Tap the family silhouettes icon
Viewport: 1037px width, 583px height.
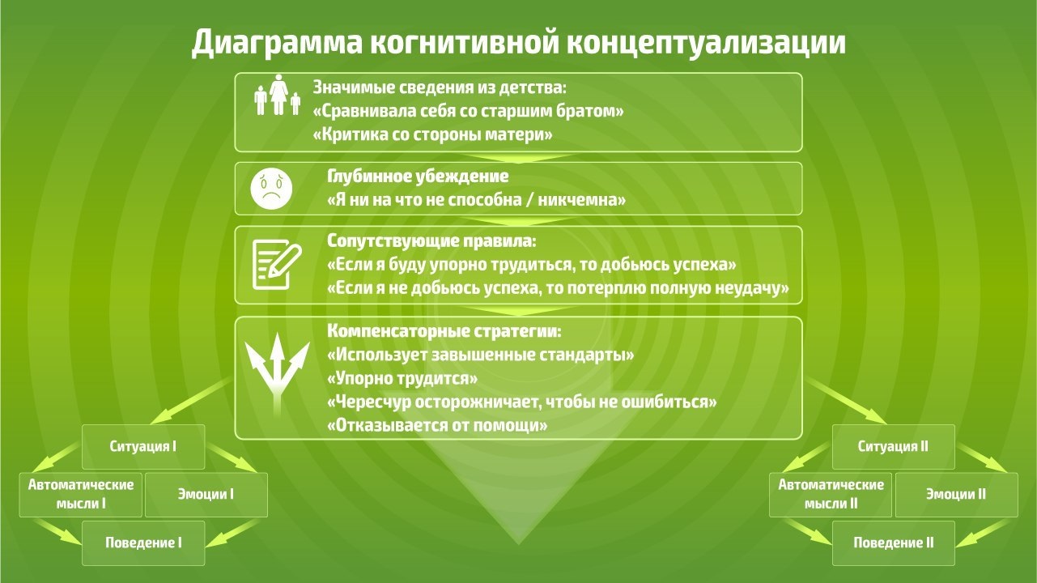click(278, 95)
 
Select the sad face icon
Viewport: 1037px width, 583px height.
click(271, 189)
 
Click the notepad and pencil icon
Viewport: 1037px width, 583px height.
click(277, 265)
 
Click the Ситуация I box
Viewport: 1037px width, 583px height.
click(143, 446)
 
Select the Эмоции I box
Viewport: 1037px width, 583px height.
click(206, 495)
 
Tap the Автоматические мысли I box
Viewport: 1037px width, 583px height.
click(81, 495)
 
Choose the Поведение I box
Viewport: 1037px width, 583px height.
click(143, 543)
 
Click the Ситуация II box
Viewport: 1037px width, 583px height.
click(893, 446)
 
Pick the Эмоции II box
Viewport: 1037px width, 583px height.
click(956, 495)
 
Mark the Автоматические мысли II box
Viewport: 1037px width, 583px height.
click(831, 495)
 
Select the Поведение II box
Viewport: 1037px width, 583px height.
click(893, 543)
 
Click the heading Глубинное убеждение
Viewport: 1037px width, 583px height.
click(418, 177)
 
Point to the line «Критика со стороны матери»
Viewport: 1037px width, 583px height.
click(433, 134)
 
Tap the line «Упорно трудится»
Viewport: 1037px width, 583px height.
click(402, 378)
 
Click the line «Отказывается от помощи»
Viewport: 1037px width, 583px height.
click(437, 425)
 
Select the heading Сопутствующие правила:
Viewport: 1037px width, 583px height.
click(431, 240)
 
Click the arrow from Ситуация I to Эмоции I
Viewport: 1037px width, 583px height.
click(231, 458)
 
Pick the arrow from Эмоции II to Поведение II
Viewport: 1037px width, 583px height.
click(982, 533)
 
